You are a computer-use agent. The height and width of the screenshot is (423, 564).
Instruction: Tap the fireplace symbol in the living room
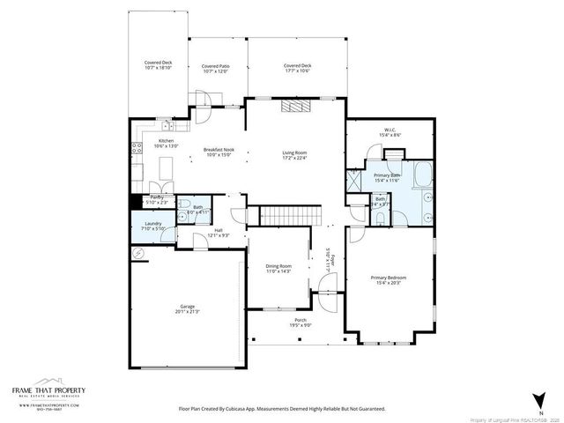[294, 107]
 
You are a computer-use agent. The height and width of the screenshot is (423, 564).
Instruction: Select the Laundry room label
[152, 225]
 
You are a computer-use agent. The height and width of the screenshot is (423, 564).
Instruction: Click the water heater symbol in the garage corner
[137, 253]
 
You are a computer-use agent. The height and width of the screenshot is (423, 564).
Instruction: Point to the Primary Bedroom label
[388, 278]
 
